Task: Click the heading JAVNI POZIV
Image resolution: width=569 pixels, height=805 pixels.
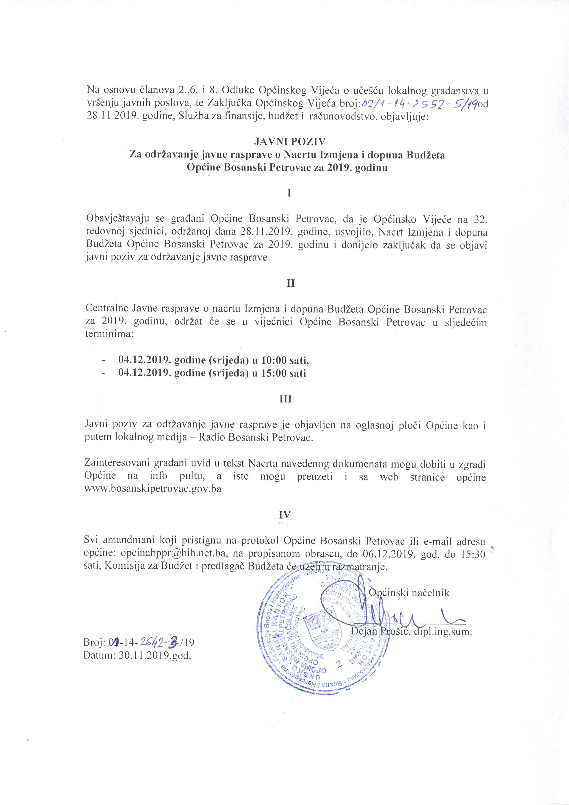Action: (x=290, y=142)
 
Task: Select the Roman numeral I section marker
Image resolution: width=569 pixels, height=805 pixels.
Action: (x=289, y=193)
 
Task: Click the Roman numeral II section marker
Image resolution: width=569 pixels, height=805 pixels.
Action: (x=290, y=283)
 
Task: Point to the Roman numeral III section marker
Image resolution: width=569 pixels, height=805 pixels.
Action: (x=285, y=399)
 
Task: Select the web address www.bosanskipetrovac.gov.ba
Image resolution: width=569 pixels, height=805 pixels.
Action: (x=153, y=489)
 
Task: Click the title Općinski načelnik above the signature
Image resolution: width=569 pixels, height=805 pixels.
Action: (x=409, y=593)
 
